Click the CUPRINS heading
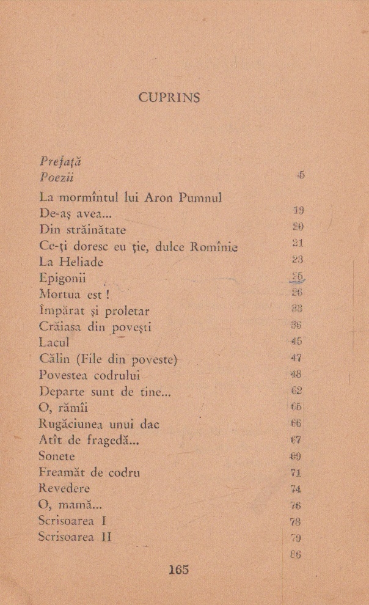pyautogui.click(x=169, y=97)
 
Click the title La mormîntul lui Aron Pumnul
pyautogui.click(x=130, y=198)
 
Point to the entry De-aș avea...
pyautogui.click(x=79, y=214)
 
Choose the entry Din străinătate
pyautogui.click(x=82, y=230)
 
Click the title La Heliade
pyautogui.click(x=71, y=262)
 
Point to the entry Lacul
pyautogui.click(x=54, y=343)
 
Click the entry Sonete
pyautogui.click(x=57, y=456)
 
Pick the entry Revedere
pyautogui.click(x=64, y=488)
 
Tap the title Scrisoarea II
pyautogui.click(x=75, y=537)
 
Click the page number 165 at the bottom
pyautogui.click(x=178, y=570)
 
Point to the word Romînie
pyautogui.click(x=214, y=247)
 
